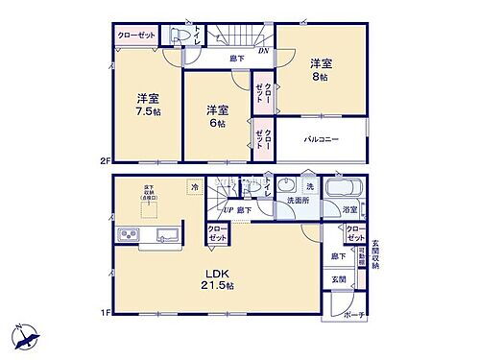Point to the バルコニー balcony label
tap(322, 140)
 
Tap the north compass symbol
tap(26, 337)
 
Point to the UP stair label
tap(229, 209)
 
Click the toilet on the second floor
tap(176, 33)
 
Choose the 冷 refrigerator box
tap(195, 188)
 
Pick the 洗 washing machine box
tap(310, 184)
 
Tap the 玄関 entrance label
tap(340, 279)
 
